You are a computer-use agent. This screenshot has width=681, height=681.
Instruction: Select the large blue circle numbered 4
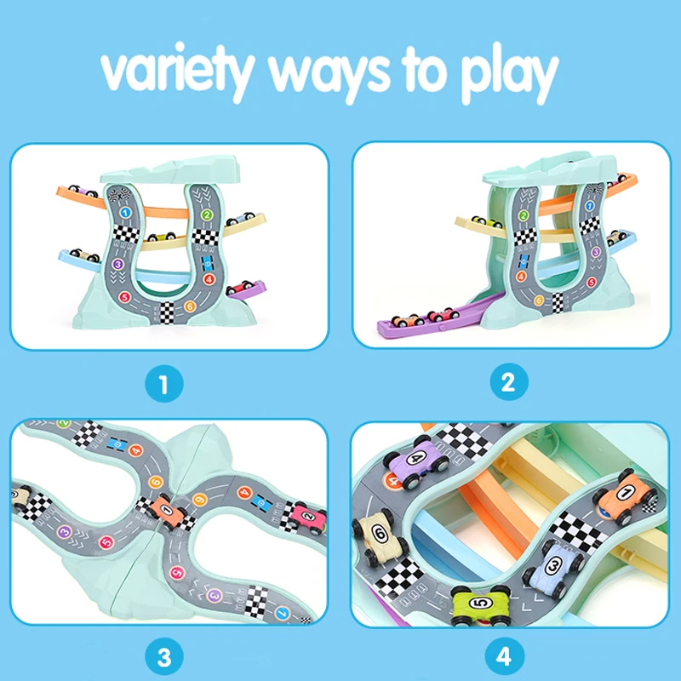[x=507, y=656]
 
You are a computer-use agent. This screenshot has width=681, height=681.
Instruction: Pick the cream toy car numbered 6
[x=376, y=537]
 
